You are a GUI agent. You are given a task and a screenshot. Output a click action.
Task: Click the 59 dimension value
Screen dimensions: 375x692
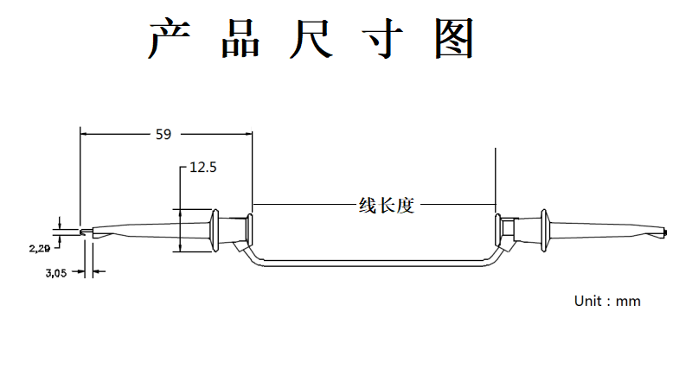click(163, 134)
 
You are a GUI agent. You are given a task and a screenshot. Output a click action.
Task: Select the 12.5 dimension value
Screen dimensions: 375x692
click(202, 168)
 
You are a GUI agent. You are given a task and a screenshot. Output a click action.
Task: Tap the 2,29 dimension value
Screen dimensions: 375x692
click(39, 249)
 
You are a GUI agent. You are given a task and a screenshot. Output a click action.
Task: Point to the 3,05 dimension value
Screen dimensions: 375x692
click(56, 273)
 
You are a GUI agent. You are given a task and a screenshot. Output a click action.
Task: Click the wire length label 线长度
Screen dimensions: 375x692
click(387, 206)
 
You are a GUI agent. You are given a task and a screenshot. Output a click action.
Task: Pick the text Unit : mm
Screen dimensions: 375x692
click(607, 301)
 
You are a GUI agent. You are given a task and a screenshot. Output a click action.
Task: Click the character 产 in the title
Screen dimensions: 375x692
click(169, 39)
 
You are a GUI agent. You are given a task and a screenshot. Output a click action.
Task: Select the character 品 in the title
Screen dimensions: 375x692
click(240, 39)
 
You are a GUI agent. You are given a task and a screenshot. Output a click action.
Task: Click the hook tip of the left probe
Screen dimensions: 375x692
click(81, 232)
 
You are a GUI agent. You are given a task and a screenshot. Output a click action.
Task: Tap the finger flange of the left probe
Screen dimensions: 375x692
click(212, 230)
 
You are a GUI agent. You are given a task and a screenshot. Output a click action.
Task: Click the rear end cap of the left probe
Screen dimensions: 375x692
click(249, 230)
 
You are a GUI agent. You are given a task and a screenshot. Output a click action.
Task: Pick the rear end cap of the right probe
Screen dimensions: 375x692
click(503, 230)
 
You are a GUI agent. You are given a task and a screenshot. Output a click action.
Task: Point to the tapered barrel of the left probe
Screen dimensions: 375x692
click(147, 231)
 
